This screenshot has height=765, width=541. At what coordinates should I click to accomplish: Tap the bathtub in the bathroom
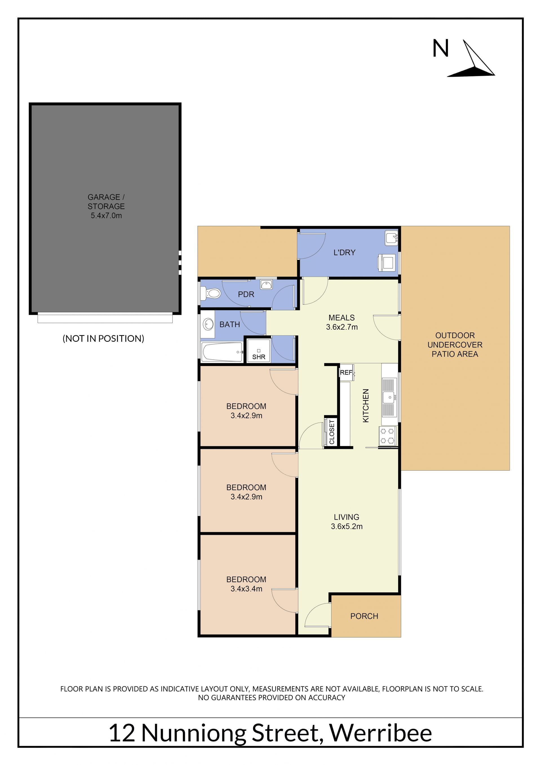point(222,352)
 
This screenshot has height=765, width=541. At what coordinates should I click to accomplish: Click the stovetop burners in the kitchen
point(387,436)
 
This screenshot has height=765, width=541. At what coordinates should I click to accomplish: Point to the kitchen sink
point(389,397)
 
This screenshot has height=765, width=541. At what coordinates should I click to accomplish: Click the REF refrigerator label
point(346,372)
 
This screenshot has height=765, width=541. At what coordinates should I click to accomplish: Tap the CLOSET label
point(332,432)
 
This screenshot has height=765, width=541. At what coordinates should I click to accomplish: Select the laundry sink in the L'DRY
point(391,238)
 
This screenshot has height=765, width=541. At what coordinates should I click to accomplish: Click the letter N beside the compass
point(440,48)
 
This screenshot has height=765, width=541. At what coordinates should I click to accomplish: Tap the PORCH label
point(364,616)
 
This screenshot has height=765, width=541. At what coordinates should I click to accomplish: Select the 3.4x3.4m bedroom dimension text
point(246,589)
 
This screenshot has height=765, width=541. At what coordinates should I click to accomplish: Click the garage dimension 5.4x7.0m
point(106,216)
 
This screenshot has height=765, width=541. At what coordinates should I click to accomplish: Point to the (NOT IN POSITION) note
point(103,338)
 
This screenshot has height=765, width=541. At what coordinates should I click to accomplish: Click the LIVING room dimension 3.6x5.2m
point(347,526)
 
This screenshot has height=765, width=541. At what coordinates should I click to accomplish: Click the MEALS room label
point(342,318)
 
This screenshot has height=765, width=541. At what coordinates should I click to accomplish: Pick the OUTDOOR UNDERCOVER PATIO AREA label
point(455,345)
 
